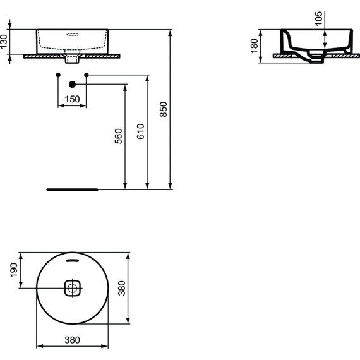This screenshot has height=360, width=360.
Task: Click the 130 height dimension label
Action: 5,42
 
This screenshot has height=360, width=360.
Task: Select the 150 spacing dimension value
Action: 73,99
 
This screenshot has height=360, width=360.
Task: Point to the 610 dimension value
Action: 140,131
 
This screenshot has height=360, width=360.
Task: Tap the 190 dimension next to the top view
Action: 14,272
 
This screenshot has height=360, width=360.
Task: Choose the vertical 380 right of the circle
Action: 123,290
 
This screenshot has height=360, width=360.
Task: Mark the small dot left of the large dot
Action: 58,75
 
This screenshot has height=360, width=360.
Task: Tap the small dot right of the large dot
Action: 87,75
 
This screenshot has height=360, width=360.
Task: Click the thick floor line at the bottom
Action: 73,189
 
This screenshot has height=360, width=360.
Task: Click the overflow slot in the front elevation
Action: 73,35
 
